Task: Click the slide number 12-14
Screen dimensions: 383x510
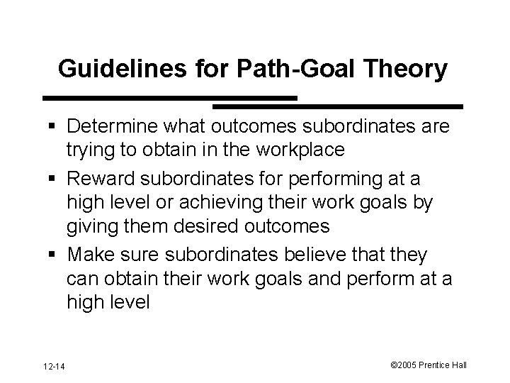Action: pos(52,365)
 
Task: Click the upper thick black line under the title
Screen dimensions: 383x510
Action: pos(171,97)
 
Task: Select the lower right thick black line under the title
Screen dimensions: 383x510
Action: pos(338,106)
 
